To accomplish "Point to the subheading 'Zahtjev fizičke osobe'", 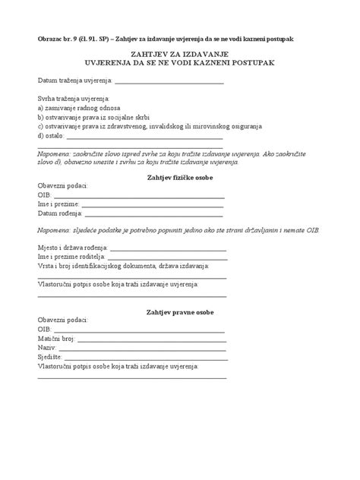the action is (x=179, y=177).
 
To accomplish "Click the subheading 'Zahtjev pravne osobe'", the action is (x=179, y=312).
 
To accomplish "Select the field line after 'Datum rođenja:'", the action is (x=147, y=214).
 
